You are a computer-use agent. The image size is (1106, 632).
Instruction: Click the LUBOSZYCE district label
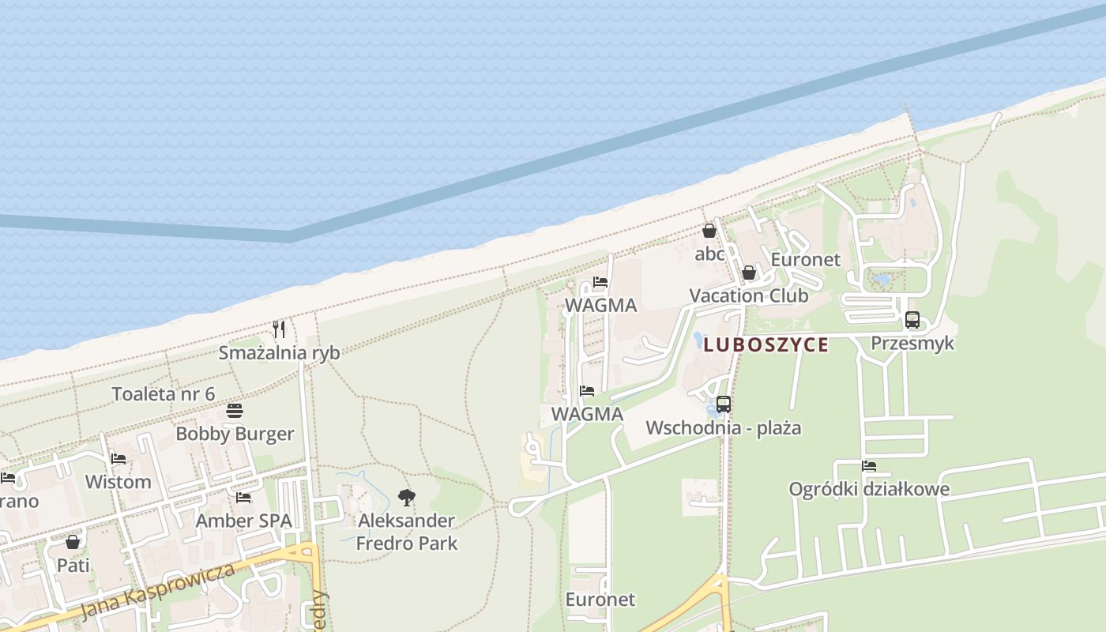[766, 344]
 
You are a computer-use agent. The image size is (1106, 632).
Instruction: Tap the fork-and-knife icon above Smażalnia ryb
[279, 329]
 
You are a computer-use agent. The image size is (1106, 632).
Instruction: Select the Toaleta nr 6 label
[164, 393]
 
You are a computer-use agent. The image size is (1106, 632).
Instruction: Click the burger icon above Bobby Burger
[235, 411]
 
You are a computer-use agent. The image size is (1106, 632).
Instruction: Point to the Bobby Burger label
[235, 434]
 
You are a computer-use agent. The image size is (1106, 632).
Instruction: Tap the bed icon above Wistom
[118, 458]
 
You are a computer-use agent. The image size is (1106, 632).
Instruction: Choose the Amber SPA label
[243, 521]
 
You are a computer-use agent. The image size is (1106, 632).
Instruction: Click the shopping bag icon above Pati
[73, 542]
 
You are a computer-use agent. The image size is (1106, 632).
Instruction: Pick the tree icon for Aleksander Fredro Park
[407, 498]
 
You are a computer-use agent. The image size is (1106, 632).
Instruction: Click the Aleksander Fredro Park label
[407, 532]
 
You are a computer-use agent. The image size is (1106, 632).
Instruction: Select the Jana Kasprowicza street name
[158, 592]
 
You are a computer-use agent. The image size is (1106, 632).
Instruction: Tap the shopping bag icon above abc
[709, 231]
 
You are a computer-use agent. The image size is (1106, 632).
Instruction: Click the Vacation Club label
[748, 295]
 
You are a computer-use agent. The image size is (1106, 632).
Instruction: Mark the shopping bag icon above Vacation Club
[748, 273]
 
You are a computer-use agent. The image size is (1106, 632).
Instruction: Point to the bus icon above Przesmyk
[912, 320]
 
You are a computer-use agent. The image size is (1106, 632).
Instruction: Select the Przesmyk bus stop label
[912, 343]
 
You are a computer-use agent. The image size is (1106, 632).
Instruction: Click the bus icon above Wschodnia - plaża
[724, 404]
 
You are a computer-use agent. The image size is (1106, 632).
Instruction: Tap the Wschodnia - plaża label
[724, 428]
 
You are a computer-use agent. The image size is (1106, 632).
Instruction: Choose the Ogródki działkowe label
[869, 489]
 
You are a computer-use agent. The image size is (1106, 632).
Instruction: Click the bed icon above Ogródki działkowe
[869, 466]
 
